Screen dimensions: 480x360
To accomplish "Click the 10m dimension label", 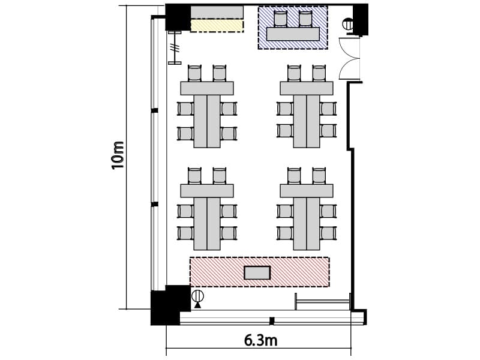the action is coord(118,155).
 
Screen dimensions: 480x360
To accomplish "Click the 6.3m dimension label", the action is coord(261,340).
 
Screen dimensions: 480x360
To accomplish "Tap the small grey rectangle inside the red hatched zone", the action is coord(257,273).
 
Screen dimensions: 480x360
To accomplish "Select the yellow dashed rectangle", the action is coord(217,26).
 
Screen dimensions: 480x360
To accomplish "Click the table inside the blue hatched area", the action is coord(293,34).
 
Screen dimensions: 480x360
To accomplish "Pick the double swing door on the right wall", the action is coord(350,58).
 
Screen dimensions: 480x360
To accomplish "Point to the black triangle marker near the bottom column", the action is coord(198,305).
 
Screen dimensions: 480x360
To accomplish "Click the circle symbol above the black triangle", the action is coord(198,296).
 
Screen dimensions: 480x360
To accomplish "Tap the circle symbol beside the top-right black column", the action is coord(347,24).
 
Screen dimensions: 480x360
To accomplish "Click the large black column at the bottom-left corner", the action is coord(169,305).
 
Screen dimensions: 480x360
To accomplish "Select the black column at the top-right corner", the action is coord(361,20).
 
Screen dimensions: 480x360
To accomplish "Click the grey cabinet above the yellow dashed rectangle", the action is coord(217,12).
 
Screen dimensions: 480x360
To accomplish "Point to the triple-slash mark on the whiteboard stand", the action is coord(175,49).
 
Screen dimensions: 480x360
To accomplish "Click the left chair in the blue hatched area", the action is coord(280,19).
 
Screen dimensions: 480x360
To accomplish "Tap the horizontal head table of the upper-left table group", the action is coord(207,88).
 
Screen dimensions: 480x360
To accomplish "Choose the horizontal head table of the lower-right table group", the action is coord(307,191).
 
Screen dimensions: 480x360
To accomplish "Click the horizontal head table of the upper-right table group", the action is coord(307,88).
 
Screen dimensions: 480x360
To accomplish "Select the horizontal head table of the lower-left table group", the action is coord(207,191).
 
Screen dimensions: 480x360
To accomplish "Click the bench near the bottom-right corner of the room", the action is coord(323,302).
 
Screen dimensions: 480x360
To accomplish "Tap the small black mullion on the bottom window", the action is coord(272,321).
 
